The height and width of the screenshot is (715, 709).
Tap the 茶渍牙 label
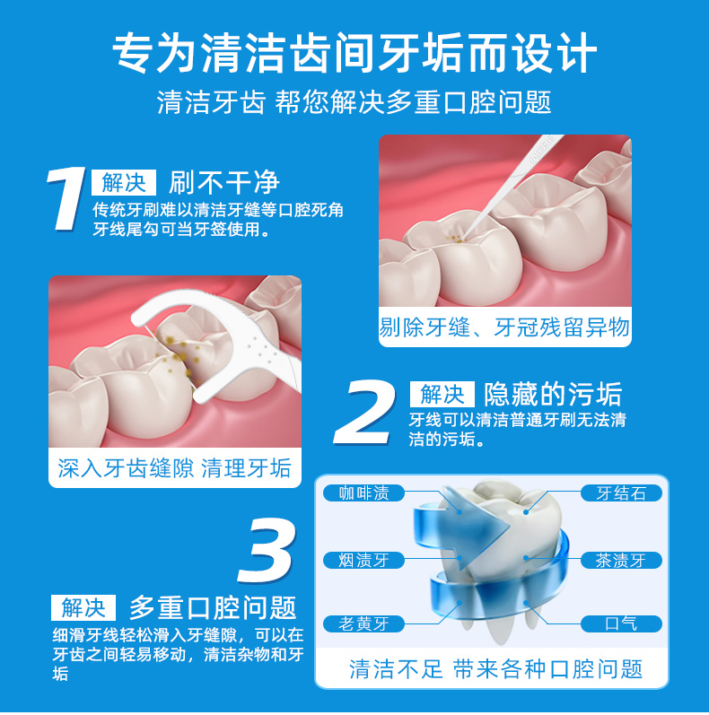coord(621,561)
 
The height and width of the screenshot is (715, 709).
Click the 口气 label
coord(621,623)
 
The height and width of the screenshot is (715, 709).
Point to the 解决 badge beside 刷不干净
coord(124,183)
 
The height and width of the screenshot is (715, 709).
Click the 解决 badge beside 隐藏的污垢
coord(442,394)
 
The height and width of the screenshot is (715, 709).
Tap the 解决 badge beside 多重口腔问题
coord(83,607)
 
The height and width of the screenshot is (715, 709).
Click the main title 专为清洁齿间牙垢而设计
coord(354,52)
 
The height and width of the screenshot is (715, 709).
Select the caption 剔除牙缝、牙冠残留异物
coord(504,327)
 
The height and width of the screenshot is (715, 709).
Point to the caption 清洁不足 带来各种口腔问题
coord(495,668)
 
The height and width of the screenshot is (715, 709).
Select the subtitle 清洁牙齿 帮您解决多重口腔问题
coord(354,102)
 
